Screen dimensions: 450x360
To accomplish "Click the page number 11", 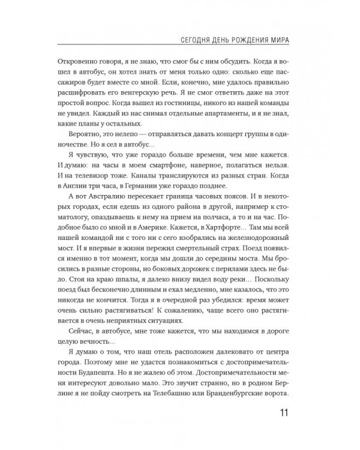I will [x=283, y=413].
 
